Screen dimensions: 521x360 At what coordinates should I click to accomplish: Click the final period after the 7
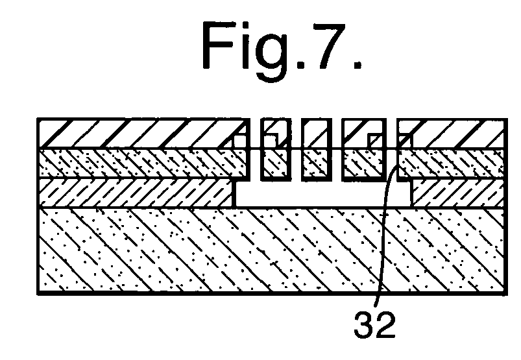[357, 64]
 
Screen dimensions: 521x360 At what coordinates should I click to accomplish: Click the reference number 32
[375, 324]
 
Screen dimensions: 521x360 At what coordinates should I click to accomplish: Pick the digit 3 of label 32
[364, 324]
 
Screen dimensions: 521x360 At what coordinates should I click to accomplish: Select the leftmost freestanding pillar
[276, 149]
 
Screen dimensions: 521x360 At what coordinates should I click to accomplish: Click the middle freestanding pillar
[317, 149]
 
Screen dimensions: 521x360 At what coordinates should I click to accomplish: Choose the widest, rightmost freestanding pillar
[365, 149]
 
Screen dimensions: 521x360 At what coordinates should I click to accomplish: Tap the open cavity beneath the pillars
[323, 194]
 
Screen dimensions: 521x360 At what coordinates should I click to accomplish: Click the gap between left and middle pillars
[297, 149]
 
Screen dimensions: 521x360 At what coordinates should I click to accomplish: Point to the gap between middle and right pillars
[337, 149]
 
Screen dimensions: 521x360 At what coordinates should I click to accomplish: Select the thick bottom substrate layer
[273, 250]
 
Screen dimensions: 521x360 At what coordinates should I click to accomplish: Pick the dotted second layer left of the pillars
[143, 163]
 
